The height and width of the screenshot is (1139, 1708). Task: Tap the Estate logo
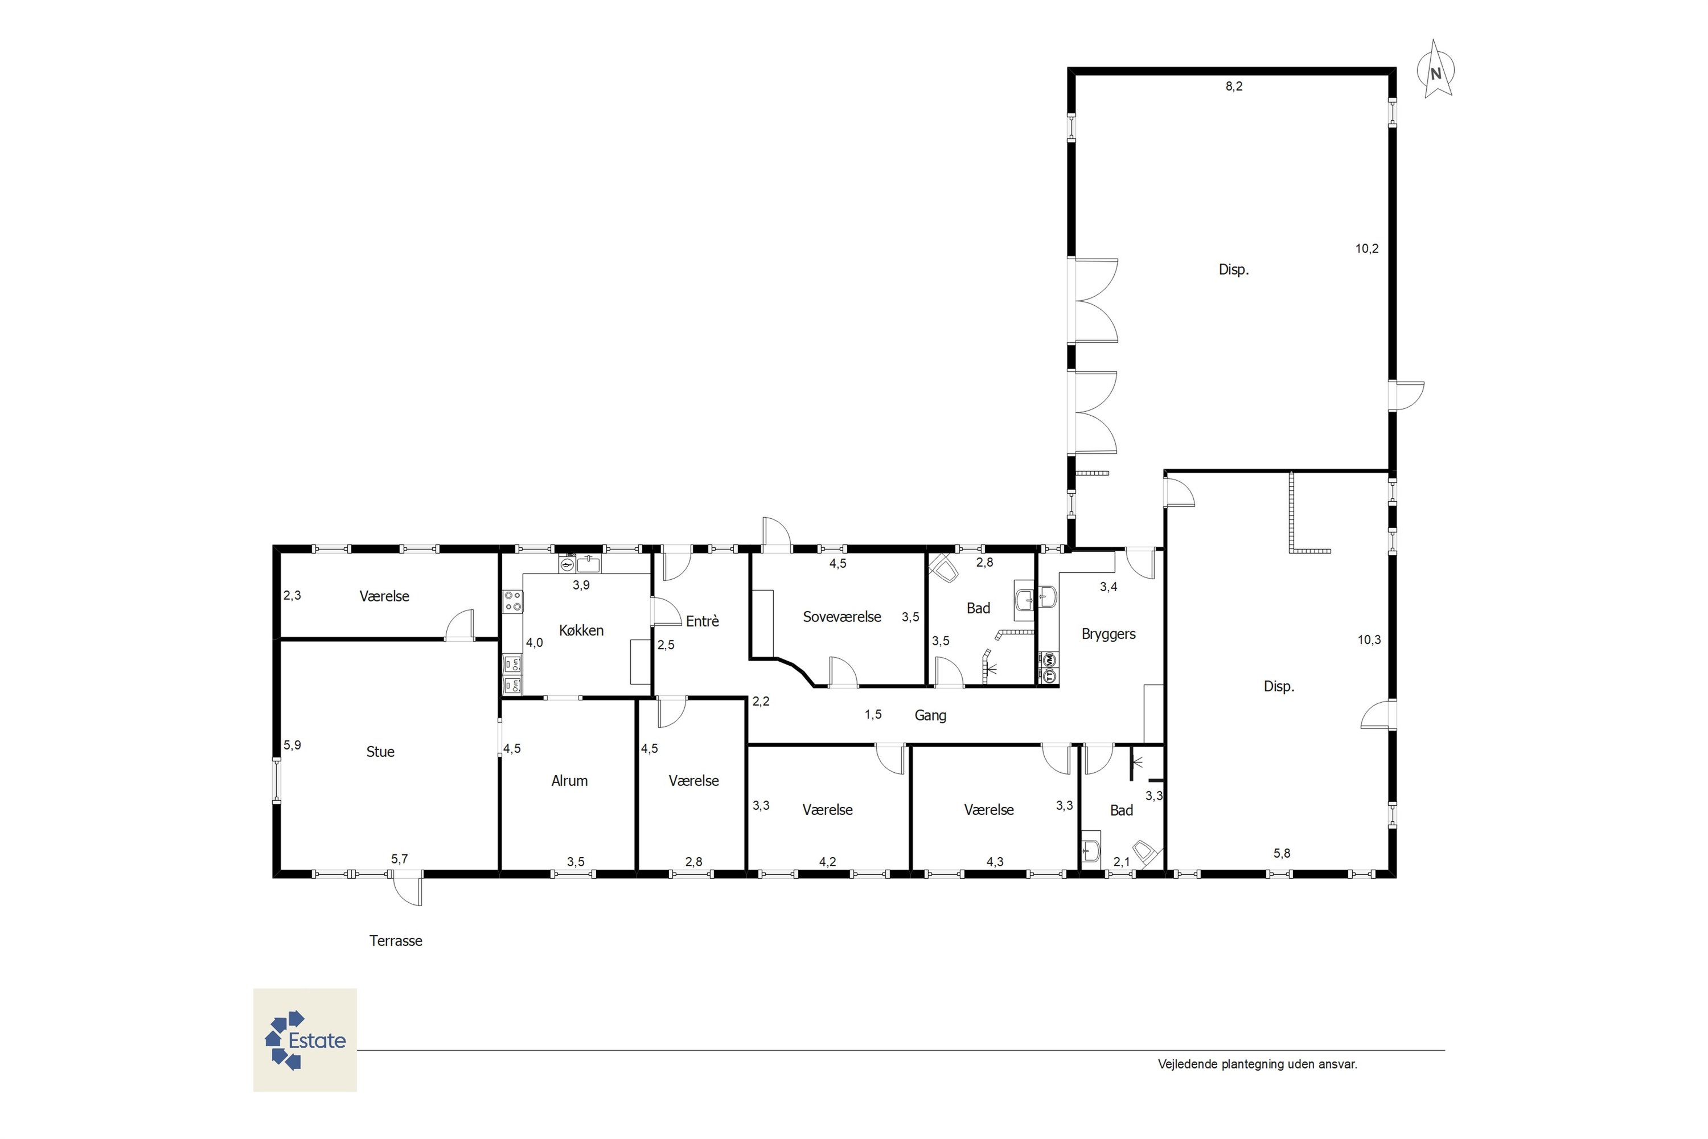[305, 1040]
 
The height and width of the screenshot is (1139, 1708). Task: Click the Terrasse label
[396, 941]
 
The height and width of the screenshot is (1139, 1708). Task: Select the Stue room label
[380, 752]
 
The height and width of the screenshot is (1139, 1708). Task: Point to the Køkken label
[581, 630]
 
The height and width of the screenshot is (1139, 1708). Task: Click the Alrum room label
[569, 781]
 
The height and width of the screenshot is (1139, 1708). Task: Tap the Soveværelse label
[841, 617]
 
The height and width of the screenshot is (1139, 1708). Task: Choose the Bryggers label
[1108, 634]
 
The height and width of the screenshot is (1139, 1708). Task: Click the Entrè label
[702, 621]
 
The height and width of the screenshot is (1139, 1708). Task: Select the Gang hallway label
[930, 715]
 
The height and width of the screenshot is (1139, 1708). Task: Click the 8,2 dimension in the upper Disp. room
[1234, 87]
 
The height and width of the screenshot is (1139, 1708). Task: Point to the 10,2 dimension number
[1367, 248]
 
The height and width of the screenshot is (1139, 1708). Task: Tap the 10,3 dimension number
[1369, 640]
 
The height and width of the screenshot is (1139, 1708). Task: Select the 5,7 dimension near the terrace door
[400, 859]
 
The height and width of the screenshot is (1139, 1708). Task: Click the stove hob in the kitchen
[513, 601]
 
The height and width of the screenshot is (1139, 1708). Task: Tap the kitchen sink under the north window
[588, 564]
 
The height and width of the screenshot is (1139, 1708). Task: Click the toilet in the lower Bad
[1144, 854]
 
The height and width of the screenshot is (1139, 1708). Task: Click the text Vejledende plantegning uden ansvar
[1257, 1064]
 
